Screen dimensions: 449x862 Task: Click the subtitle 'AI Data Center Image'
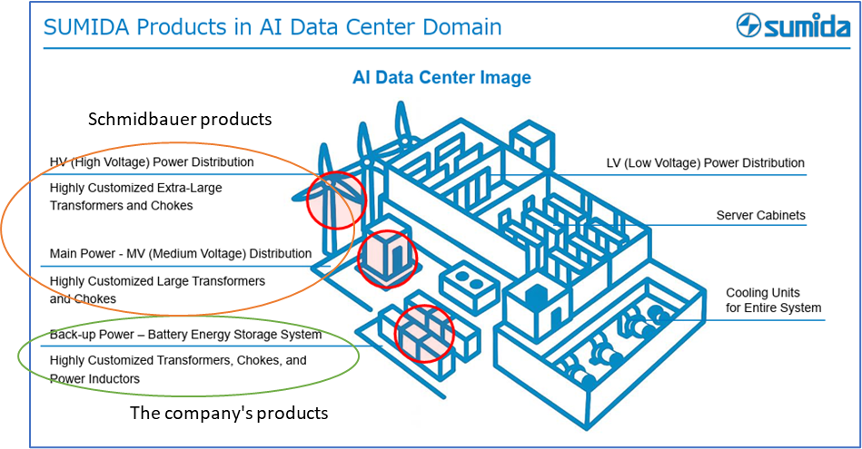tap(441, 78)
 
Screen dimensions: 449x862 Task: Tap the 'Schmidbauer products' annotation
tap(180, 120)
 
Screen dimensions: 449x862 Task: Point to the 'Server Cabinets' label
tap(760, 215)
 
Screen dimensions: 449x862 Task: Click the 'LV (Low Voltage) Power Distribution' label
tap(705, 163)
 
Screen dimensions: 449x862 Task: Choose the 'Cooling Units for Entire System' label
tap(773, 300)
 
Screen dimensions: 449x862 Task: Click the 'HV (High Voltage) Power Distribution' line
tap(152, 163)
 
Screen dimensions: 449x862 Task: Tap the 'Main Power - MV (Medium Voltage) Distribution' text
tap(181, 253)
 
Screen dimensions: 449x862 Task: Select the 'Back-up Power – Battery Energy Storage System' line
tap(185, 335)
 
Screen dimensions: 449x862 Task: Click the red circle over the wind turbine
tap(335, 199)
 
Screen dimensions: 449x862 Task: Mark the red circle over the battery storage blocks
tap(424, 332)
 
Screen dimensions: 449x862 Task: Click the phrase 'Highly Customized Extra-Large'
tap(136, 188)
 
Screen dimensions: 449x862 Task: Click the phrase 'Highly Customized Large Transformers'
tap(157, 281)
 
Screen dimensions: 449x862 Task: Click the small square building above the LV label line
tap(531, 144)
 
